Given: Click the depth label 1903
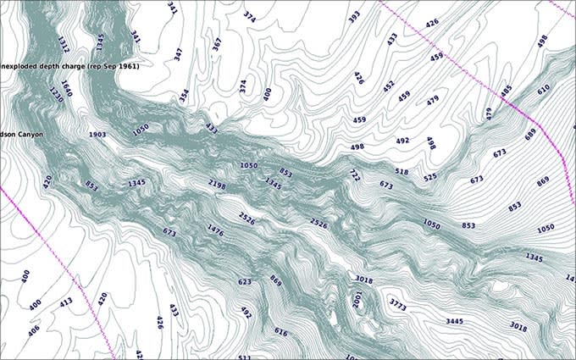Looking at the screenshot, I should click(x=97, y=135).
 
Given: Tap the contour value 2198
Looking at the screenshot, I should click(x=217, y=184).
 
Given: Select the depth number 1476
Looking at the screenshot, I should click(x=215, y=229).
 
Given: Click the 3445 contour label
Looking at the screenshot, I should click(x=457, y=321).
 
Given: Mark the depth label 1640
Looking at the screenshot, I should click(x=66, y=89).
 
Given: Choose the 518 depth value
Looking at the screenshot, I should click(x=402, y=172).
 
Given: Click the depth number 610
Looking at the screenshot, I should click(x=543, y=88).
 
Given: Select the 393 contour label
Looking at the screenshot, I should click(x=354, y=15).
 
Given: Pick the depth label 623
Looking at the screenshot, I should click(x=245, y=281).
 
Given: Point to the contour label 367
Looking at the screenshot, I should click(x=217, y=44).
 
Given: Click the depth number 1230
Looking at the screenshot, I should click(x=57, y=94).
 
